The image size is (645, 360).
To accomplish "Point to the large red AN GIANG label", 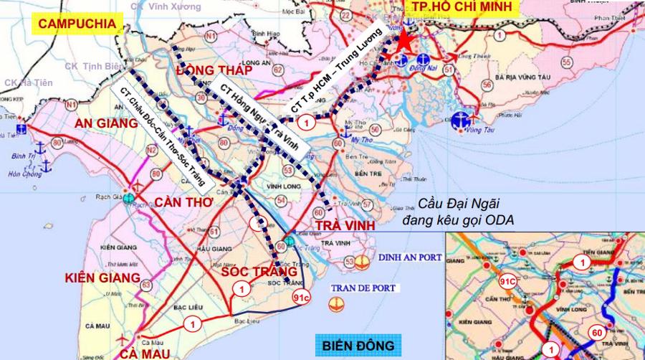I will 105,124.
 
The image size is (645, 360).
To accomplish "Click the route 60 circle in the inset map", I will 596,332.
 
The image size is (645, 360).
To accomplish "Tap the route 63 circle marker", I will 147,286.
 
